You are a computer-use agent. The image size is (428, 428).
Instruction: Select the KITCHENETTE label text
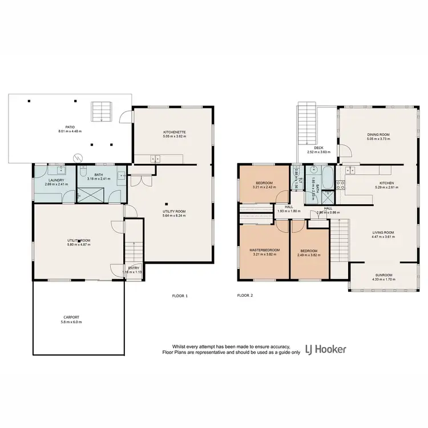coord(174,132)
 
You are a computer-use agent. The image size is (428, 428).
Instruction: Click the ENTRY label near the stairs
coord(134,268)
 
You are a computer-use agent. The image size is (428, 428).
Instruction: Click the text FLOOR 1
coord(180,296)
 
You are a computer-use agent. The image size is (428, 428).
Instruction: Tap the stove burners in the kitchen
coord(342,184)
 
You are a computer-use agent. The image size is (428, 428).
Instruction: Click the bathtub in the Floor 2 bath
coord(327,177)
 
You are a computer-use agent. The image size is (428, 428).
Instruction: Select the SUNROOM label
coord(383,274)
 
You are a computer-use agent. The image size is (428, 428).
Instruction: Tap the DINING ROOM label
coord(378,135)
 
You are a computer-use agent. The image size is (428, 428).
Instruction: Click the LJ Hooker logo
coord(325,349)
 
